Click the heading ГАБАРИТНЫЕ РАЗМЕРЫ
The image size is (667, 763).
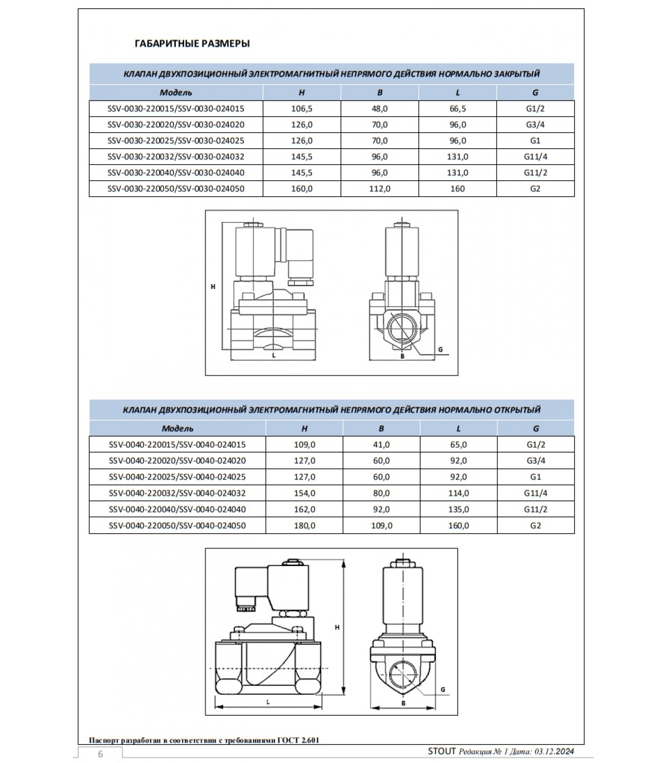pos(192,44)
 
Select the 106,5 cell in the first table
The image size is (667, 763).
pos(302,109)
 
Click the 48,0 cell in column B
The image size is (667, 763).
pos(379,109)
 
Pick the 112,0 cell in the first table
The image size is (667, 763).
pos(379,189)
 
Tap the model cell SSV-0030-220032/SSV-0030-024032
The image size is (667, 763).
pos(176,157)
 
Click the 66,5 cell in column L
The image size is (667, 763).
pos(457,109)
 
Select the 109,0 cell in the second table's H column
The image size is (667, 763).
pos(304,445)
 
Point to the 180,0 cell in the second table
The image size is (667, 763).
pos(304,526)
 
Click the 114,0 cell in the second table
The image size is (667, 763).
pos(458,493)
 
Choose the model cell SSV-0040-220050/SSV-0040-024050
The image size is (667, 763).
pos(177,526)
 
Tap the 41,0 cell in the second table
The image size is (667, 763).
pos(381,445)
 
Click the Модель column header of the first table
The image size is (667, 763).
pos(176,93)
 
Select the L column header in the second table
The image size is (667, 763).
pos(458,429)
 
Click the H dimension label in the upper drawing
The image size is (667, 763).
pos(213,287)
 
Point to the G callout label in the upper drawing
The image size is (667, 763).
pos(440,350)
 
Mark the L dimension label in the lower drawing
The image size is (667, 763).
pos(268,702)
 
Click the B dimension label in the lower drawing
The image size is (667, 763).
pos(403,703)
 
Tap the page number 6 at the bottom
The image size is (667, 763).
pos(100,754)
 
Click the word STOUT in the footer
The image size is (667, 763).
pos(442,752)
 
